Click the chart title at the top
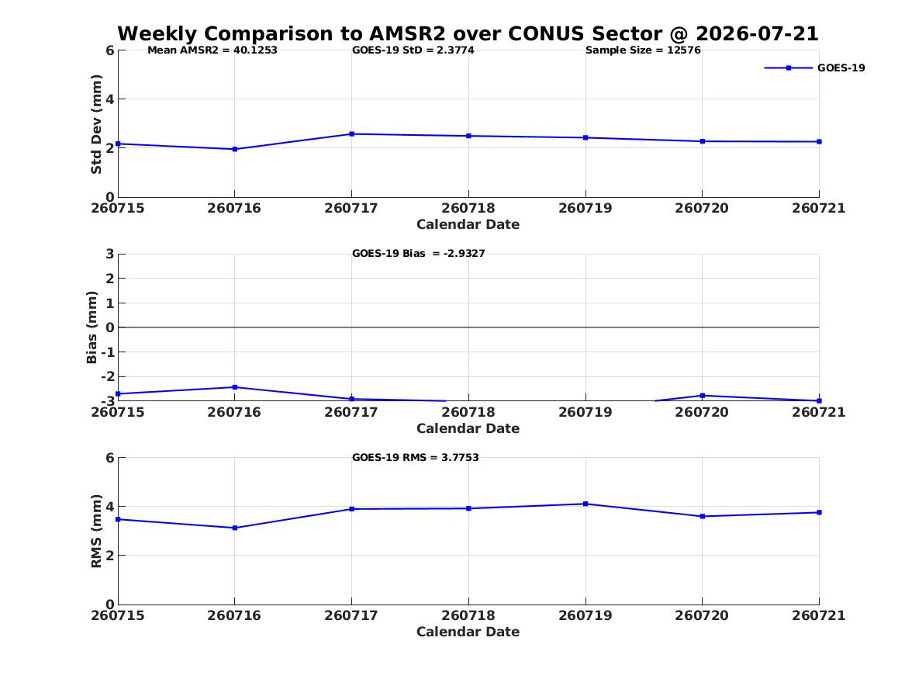[x=468, y=33]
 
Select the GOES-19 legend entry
[x=814, y=68]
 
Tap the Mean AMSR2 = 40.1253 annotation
[x=212, y=50]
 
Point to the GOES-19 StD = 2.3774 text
[x=413, y=50]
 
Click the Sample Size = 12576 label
[x=643, y=50]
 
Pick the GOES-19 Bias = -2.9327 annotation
[x=419, y=254]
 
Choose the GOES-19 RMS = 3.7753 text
[x=416, y=457]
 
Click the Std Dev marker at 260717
[x=351, y=134]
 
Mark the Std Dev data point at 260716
[x=235, y=149]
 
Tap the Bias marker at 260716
[x=235, y=387]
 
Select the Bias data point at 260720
[x=703, y=396]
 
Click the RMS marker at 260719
[x=585, y=504]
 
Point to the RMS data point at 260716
[x=235, y=528]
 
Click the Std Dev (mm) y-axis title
[x=96, y=124]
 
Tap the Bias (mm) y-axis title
[x=92, y=327]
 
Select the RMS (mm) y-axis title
[x=96, y=532]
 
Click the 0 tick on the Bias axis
[x=109, y=327]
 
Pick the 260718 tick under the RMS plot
[x=468, y=615]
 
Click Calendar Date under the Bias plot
[x=468, y=428]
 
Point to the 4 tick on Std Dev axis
[x=109, y=99]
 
